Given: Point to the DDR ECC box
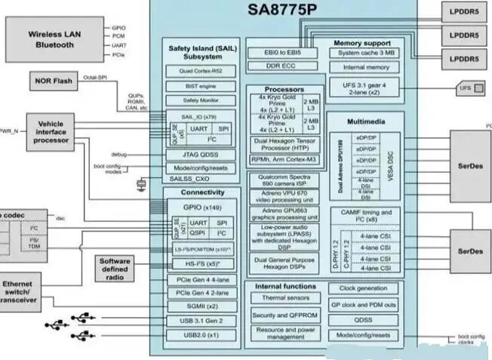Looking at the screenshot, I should (x=283, y=66).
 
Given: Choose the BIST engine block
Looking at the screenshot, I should (x=201, y=86).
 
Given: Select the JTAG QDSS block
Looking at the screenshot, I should (x=201, y=154).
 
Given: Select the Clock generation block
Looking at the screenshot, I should (x=363, y=288).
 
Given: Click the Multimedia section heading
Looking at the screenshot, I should (x=367, y=121).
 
